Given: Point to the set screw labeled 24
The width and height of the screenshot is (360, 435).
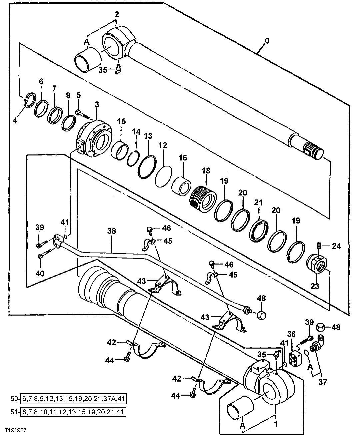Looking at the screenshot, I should (x=319, y=247).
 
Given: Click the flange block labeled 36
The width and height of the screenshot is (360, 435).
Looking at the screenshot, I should (x=295, y=358).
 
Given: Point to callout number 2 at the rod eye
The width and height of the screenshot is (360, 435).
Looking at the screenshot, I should (x=116, y=14).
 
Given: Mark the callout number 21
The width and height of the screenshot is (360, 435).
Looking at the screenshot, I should (x=258, y=202).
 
